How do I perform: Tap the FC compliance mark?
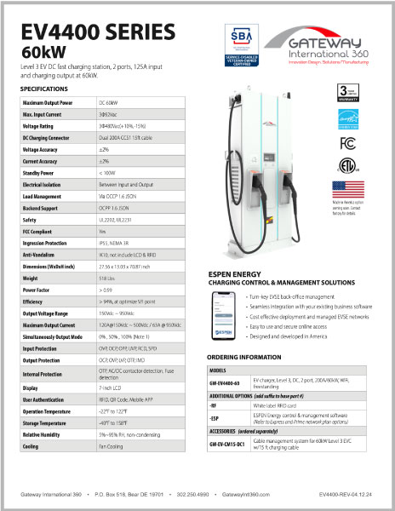[x=346, y=141]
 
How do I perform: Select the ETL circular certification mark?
[x=346, y=164]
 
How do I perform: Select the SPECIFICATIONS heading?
[x=44, y=89]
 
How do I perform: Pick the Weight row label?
[x=31, y=277]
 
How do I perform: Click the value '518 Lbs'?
[x=107, y=277]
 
